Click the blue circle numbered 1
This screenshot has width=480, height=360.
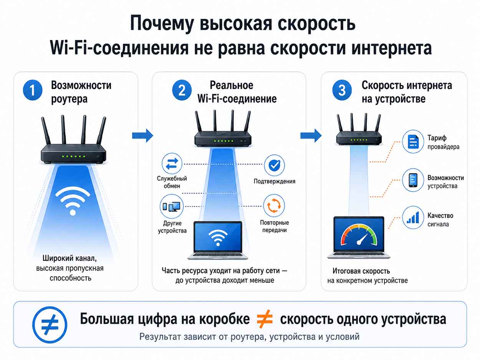(x=33, y=90)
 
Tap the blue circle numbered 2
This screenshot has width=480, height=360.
(x=182, y=90)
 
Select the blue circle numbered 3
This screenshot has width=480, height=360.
(x=342, y=90)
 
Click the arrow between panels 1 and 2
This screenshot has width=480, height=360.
(x=142, y=135)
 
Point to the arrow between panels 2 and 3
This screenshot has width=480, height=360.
(x=311, y=135)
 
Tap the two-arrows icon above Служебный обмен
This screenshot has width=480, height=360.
(x=172, y=163)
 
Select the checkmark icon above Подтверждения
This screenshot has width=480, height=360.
(x=274, y=165)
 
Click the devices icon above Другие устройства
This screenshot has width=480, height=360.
(x=171, y=206)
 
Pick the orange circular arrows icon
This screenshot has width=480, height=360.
(x=274, y=205)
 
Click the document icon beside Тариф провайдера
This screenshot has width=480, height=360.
(x=413, y=141)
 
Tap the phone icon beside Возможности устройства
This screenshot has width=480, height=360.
(x=413, y=180)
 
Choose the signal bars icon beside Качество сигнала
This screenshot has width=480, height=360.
(x=413, y=218)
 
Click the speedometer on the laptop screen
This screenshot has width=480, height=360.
(x=359, y=235)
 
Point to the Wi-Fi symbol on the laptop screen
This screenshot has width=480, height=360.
(x=218, y=238)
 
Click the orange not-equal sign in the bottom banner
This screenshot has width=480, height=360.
(x=265, y=319)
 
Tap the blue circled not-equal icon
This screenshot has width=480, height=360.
(x=50, y=324)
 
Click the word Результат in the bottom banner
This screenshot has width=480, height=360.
(x=160, y=337)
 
